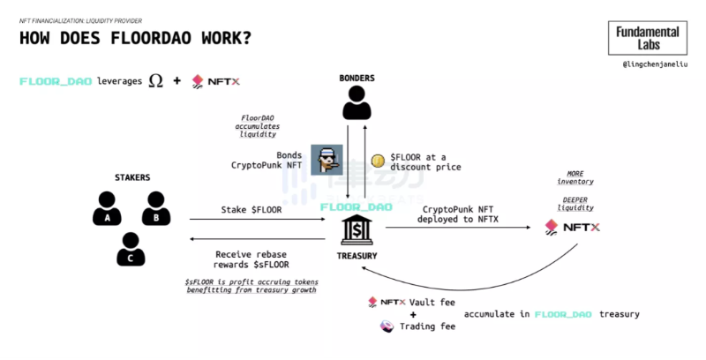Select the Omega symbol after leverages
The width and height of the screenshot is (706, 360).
[x=156, y=81]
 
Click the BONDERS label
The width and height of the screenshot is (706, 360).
[x=357, y=79]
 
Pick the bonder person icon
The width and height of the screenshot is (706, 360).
[x=357, y=105]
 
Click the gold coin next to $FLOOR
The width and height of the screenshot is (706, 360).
[x=377, y=160]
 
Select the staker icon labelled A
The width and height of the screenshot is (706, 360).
[x=108, y=208]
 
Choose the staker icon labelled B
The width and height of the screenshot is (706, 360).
[x=155, y=208]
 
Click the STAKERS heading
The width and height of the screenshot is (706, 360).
[x=132, y=177]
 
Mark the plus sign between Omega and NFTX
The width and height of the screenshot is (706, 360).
[x=176, y=81]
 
